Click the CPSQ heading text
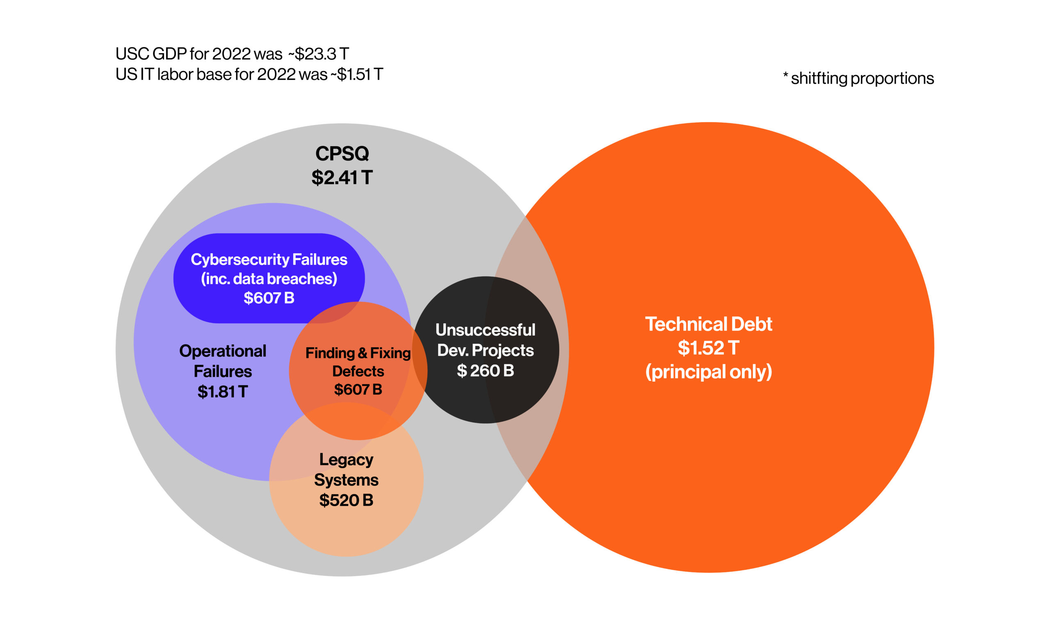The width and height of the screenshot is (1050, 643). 342,154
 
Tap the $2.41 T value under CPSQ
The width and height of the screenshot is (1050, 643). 342,177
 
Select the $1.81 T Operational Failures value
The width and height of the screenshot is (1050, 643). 222,391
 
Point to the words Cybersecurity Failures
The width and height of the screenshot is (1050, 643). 269,259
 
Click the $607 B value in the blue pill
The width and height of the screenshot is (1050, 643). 269,298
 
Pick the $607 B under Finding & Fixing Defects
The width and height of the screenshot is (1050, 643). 358,389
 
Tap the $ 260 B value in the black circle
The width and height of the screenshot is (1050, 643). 485,370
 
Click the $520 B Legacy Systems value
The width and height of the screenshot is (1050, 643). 346,500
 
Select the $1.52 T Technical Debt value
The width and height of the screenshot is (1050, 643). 708,348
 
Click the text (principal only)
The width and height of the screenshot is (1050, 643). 708,372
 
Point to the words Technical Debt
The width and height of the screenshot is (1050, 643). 708,324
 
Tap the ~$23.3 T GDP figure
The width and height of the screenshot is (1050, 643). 318,54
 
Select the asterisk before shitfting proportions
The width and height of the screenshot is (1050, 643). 785,75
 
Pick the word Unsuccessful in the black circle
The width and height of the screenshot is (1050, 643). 485,330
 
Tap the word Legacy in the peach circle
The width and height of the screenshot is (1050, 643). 346,459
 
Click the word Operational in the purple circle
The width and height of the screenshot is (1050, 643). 222,351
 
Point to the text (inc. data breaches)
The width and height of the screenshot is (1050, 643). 269,279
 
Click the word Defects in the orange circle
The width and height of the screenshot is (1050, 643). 358,371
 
